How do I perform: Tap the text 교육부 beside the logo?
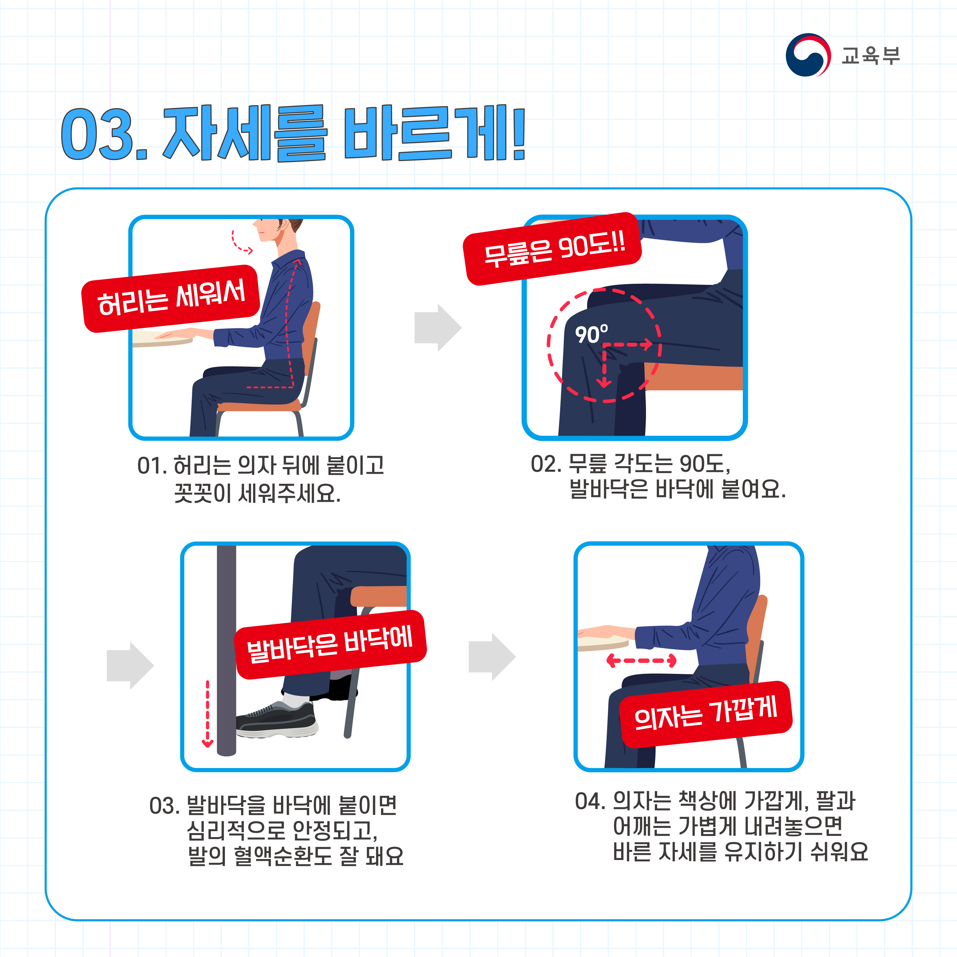tap(870, 55)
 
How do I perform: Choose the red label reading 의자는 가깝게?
tap(706, 714)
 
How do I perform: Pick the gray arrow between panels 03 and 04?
tap(492, 657)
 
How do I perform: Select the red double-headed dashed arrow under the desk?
tap(641, 660)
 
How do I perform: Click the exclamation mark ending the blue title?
tap(518, 133)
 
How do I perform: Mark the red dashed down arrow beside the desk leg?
tap(208, 713)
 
